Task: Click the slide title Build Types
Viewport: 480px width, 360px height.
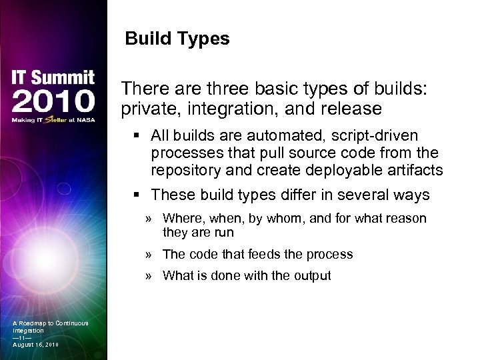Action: (x=177, y=39)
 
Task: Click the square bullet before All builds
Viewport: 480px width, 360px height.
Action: (x=137, y=137)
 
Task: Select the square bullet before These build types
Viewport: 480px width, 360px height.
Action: (x=137, y=195)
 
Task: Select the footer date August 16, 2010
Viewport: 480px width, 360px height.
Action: (x=35, y=345)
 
